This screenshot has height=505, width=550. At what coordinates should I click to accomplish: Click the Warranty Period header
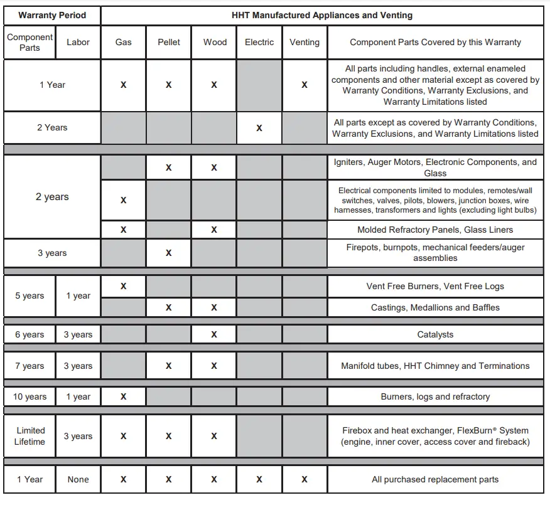tap(52, 15)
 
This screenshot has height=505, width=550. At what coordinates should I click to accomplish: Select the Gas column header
tap(124, 42)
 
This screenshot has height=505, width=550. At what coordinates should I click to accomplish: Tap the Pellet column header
tap(169, 42)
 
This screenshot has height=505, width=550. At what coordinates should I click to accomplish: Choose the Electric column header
tap(259, 42)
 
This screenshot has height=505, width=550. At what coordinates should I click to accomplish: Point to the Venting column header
tap(305, 42)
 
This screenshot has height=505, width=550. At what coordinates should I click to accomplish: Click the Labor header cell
tap(78, 42)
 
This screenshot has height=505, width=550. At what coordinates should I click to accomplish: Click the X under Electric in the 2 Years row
tap(259, 128)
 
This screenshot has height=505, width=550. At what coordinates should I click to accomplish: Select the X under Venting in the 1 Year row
tap(305, 85)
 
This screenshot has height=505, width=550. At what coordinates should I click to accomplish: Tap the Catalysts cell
tap(435, 334)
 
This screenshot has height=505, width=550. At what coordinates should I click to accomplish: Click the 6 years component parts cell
tap(30, 334)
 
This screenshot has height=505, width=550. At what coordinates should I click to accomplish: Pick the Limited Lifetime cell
tap(30, 436)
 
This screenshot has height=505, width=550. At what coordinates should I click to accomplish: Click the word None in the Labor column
tap(78, 479)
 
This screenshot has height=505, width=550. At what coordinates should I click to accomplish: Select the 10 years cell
tap(30, 396)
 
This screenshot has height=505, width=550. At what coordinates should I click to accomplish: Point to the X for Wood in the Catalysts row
tap(214, 334)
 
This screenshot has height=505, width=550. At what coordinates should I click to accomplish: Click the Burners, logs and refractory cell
tap(435, 396)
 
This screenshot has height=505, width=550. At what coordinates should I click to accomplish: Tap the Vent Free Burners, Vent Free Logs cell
tap(435, 286)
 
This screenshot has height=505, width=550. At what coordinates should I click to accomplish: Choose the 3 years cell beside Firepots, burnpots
tap(52, 253)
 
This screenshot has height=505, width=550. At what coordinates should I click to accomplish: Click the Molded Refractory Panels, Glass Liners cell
tap(435, 230)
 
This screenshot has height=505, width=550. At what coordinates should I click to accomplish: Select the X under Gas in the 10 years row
tap(124, 396)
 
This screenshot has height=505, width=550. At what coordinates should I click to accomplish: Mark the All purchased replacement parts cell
tap(435, 479)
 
